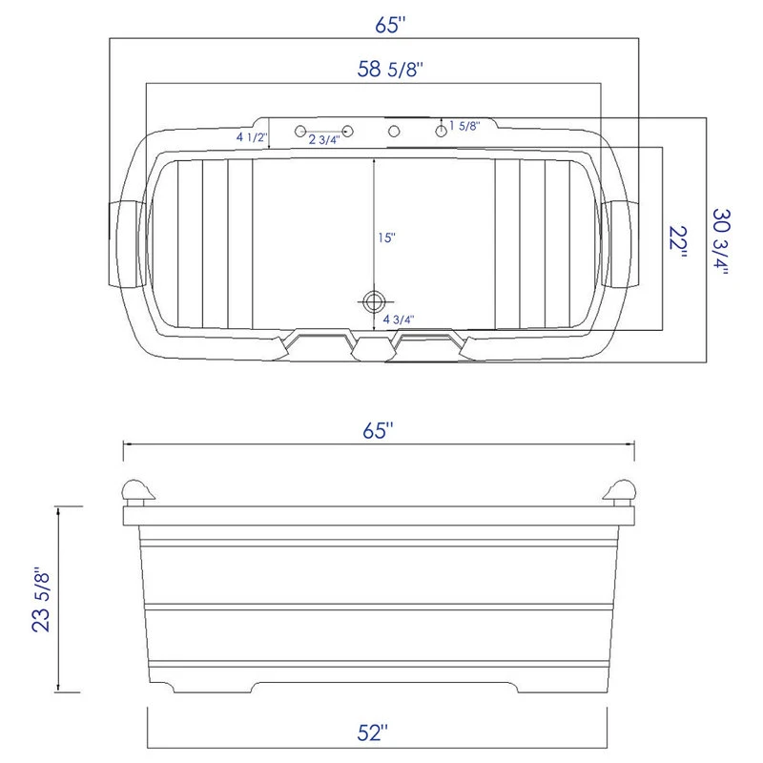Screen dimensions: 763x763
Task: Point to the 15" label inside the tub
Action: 385,237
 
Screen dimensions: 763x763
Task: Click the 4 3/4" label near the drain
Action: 399,320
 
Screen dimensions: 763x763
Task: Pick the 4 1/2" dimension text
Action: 252,137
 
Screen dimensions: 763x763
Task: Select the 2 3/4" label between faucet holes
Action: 323,140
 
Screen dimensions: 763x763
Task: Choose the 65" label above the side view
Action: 379,430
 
